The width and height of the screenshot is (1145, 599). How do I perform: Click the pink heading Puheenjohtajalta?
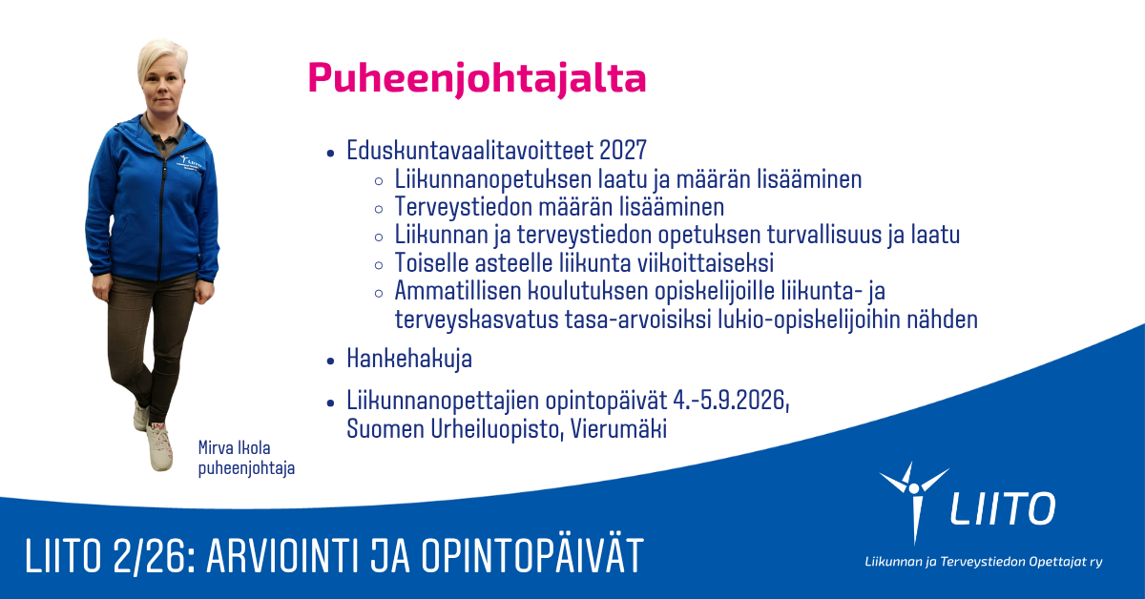coord(477,79)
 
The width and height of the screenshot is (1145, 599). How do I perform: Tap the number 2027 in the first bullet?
coord(622,151)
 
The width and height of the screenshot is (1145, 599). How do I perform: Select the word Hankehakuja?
coord(409,359)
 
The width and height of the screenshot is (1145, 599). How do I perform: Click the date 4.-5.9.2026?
coord(731,401)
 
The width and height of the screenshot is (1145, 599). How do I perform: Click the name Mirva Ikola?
coord(234,447)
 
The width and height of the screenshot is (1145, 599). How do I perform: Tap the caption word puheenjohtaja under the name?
coord(246,468)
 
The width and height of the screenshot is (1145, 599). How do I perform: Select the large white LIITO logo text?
coord(1003,508)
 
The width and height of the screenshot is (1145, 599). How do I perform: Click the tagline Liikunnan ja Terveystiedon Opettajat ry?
coord(984,562)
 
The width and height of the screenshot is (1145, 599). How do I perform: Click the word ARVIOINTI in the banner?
coord(283,556)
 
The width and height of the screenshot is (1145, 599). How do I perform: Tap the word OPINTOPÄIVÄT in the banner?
coord(531,554)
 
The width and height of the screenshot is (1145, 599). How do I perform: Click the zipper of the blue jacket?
coord(162,219)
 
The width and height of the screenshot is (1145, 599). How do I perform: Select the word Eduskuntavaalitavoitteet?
coord(470,151)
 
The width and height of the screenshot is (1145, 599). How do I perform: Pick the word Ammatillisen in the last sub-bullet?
coord(457,291)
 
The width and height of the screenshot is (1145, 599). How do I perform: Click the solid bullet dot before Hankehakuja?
coord(330,361)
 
